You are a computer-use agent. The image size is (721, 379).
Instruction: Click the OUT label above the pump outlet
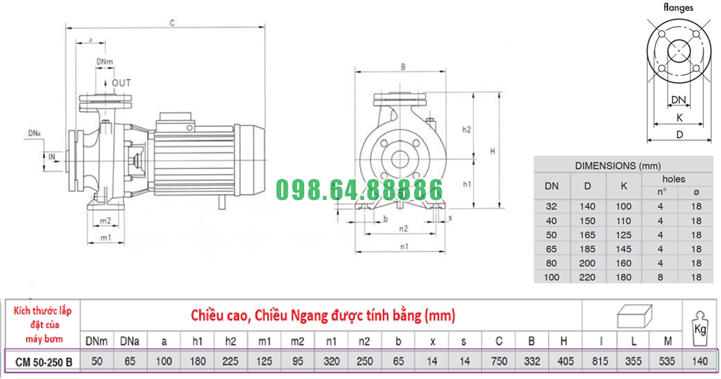point(121,83)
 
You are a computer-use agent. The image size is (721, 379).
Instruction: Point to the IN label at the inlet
point(52,157)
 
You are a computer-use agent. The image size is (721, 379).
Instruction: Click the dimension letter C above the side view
point(172,23)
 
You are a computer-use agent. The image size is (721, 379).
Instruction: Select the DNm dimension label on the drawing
point(105,61)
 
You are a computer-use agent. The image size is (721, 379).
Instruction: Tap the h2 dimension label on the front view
point(466,130)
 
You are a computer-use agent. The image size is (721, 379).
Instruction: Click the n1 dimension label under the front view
point(404,247)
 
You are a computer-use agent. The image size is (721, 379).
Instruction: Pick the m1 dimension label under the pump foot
point(106,238)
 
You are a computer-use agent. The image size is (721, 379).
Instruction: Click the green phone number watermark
point(359,190)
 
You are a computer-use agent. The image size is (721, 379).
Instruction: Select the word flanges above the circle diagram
point(678,7)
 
